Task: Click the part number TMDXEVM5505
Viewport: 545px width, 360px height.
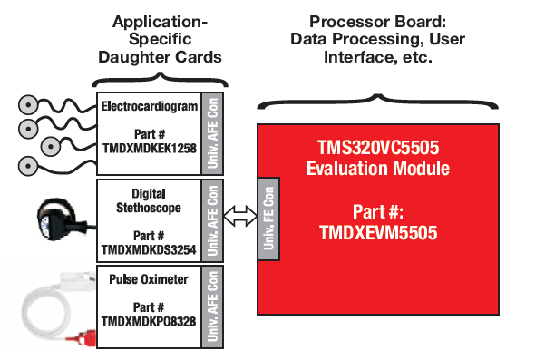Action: tap(377, 232)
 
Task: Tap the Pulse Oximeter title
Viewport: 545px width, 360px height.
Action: tap(149, 279)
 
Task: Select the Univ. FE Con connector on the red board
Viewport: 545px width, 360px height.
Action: tap(268, 218)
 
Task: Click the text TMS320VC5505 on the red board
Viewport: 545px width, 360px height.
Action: tap(377, 148)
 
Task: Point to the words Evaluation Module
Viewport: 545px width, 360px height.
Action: tap(377, 169)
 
